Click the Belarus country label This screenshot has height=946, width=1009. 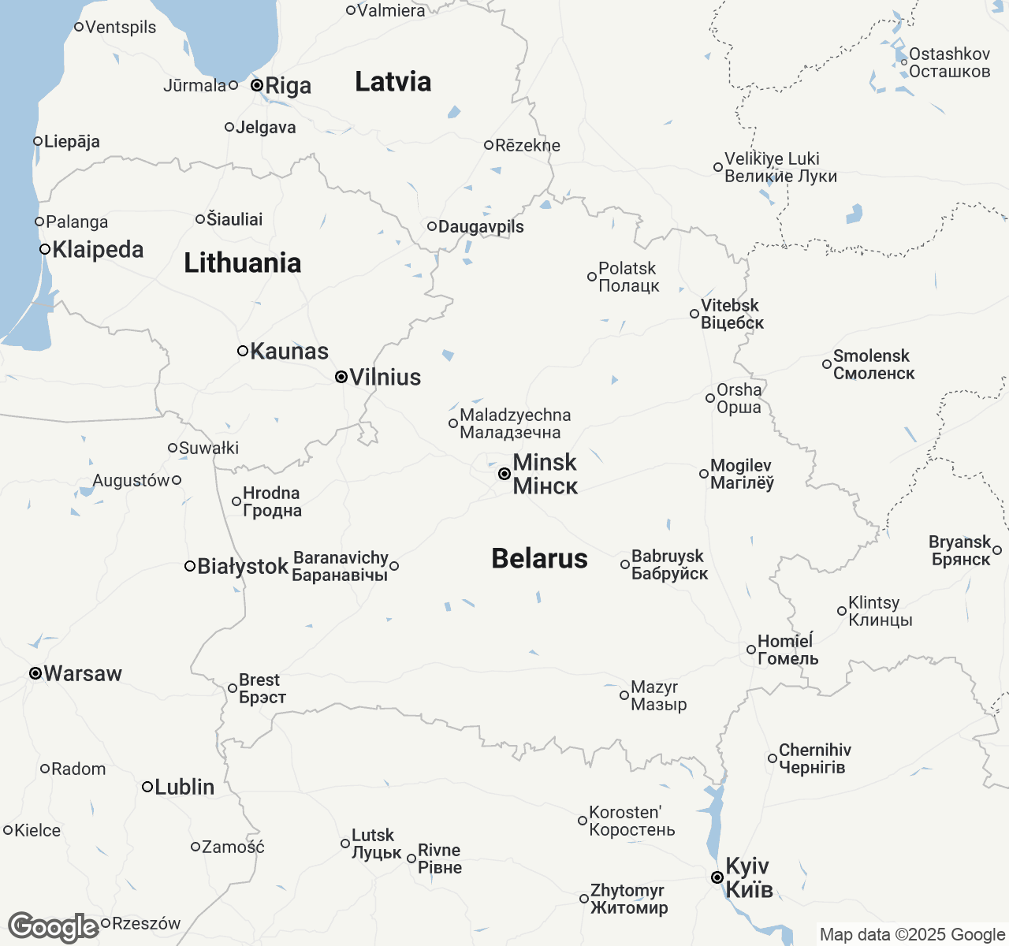[539, 558]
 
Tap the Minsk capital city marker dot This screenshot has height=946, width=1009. [504, 474]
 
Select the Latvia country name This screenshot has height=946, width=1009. [393, 81]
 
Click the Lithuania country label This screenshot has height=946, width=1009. [242, 263]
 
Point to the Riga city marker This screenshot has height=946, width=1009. [257, 85]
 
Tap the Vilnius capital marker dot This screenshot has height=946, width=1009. [341, 377]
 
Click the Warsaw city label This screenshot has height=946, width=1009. [83, 673]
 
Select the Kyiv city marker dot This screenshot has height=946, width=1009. [717, 877]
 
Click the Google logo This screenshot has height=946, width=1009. [53, 927]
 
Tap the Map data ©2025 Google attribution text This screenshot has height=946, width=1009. [912, 935]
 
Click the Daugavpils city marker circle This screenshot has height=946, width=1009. [432, 226]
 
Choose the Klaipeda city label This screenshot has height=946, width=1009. [98, 249]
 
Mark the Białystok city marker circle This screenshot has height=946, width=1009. [190, 566]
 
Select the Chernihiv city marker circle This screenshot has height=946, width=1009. [773, 758]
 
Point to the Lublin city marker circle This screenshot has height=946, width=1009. [147, 787]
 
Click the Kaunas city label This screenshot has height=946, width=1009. [289, 351]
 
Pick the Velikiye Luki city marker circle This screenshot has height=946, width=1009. [718, 167]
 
